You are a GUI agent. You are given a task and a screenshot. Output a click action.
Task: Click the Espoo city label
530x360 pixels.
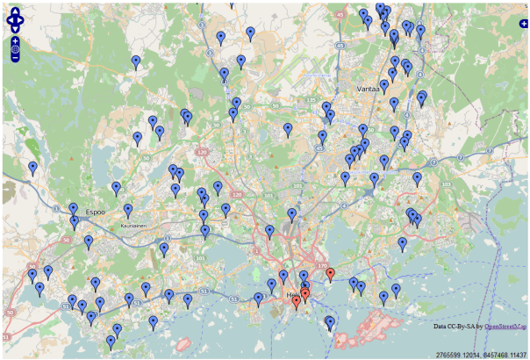coord(96,212)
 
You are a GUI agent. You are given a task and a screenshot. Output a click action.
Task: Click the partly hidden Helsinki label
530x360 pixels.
coord(292,295)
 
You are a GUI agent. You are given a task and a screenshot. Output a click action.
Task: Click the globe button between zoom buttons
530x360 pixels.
coord(16,50)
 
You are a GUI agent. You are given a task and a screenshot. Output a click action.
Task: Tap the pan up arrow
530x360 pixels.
coord(16,11)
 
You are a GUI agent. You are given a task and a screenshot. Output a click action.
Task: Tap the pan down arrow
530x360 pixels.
coord(16,28)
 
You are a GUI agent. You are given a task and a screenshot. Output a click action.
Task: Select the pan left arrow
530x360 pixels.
coord(9,19)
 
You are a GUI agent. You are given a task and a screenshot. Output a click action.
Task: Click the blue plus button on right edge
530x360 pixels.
coord(524,24)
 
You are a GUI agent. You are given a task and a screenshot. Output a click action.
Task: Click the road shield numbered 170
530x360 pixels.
coord(321,265)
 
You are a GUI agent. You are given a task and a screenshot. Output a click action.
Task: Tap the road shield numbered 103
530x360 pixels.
coord(446,184)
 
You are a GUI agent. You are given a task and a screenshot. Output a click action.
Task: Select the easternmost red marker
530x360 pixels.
coord(330,274)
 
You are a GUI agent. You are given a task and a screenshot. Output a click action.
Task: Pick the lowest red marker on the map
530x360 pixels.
coord(297,302)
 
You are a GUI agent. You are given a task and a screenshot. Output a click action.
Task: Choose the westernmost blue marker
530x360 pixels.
coord(32,167)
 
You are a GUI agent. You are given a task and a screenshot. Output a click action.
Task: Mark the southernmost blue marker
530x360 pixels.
coord(111,342)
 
